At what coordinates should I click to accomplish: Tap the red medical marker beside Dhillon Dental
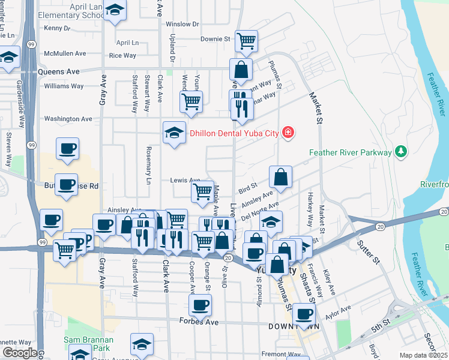[288, 132]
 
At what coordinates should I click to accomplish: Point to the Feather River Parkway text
[351, 153]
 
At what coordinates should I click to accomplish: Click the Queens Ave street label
[58, 71]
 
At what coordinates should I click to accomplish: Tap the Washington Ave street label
[68, 119]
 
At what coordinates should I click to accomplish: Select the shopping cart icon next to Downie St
[246, 40]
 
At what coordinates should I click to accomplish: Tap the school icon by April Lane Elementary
[114, 10]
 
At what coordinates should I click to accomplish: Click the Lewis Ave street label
[184, 180]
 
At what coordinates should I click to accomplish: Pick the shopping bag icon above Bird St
[280, 176]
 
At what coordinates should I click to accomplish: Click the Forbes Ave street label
[199, 322]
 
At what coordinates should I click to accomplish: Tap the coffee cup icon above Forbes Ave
[200, 304]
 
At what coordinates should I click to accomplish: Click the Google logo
[20, 353]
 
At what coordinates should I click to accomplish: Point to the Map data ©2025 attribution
[423, 355]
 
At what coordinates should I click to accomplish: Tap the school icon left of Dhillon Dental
[174, 132]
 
